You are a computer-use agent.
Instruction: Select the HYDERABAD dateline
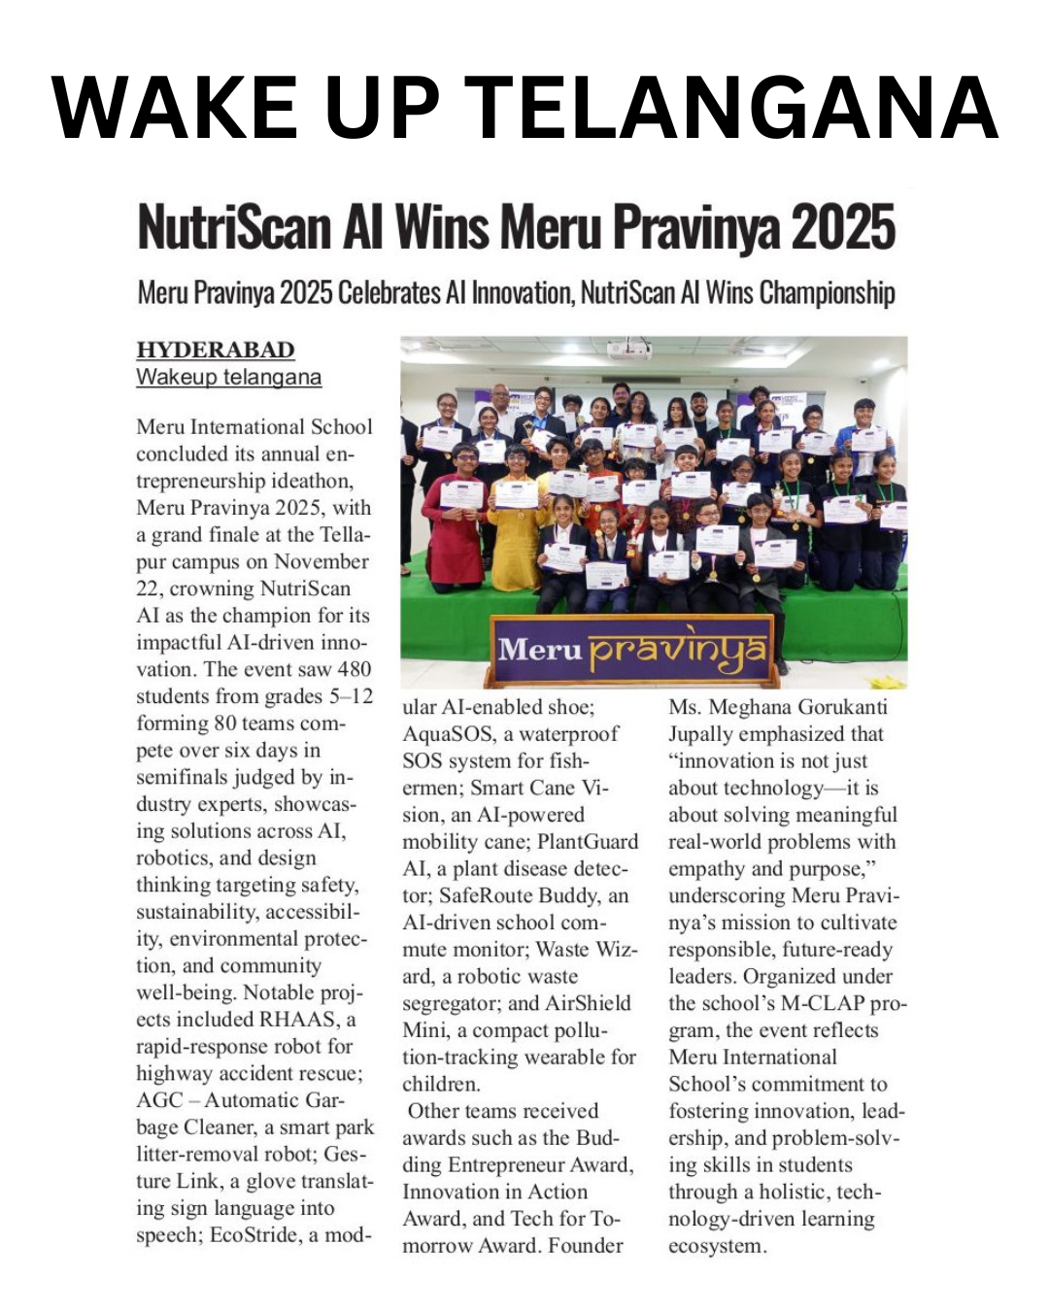click(x=215, y=350)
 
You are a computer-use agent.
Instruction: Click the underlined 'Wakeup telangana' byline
click(x=228, y=377)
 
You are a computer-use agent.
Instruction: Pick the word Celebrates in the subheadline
click(x=389, y=292)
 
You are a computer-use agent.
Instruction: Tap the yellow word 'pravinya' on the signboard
click(x=678, y=649)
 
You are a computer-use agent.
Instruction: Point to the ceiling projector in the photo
click(x=629, y=350)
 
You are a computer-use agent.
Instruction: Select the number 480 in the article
click(x=354, y=669)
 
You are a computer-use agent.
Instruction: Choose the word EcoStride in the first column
click(x=254, y=1235)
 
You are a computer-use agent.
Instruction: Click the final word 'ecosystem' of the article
click(x=716, y=1246)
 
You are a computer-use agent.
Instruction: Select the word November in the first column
click(x=321, y=561)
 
